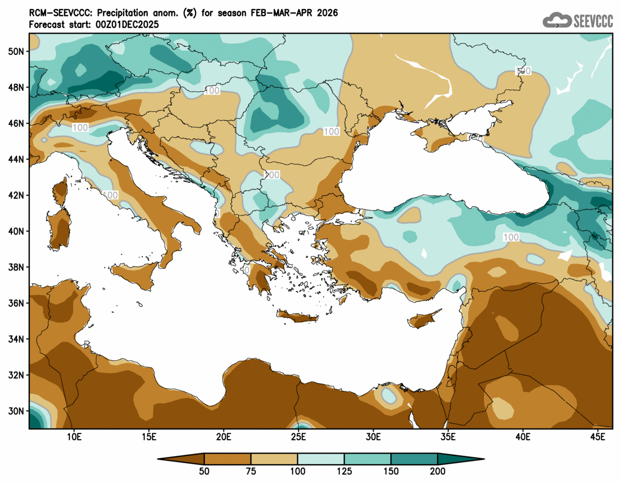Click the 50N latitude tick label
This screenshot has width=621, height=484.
[17, 51]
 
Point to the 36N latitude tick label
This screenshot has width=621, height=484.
[17, 303]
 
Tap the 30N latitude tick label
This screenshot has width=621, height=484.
[17, 411]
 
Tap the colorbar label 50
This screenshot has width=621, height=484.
[204, 471]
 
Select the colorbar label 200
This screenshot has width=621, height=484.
[438, 471]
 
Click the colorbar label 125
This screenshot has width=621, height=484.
[344, 471]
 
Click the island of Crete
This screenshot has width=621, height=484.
[297, 318]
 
